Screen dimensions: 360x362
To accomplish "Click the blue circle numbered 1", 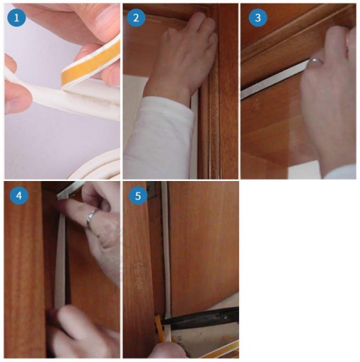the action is tap(16, 18).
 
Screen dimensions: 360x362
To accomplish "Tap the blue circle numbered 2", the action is tap(136, 18).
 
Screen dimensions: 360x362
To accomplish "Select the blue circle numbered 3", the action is tap(258, 18).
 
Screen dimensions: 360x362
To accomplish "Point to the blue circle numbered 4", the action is tap(19, 196).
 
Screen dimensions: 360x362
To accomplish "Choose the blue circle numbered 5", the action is tap(138, 196).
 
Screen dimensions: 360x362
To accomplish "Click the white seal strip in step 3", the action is tap(274, 80).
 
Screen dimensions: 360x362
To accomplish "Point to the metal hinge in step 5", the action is tap(151, 189).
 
